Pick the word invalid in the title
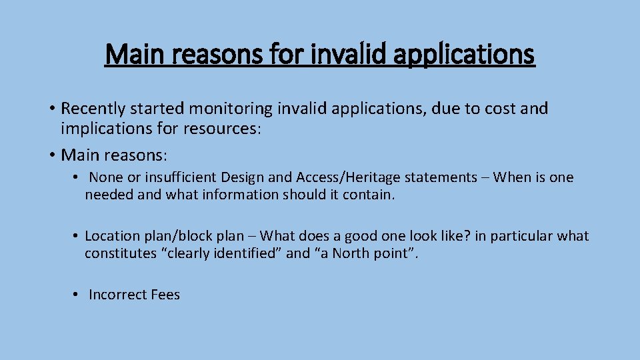(x=343, y=55)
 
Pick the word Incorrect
(x=118, y=295)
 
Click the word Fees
(x=166, y=295)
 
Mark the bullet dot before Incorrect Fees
(x=77, y=295)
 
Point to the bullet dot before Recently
(x=52, y=109)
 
